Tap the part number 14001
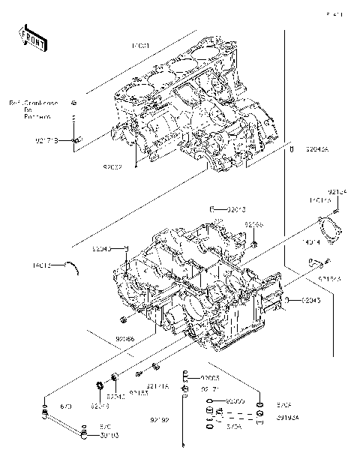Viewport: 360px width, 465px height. (x=141, y=46)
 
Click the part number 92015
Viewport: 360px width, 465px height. (x=237, y=208)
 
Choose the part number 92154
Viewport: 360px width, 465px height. (x=338, y=192)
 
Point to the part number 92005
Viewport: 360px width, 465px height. (x=210, y=378)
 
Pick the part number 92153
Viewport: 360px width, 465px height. (x=139, y=392)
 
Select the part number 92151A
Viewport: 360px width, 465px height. (x=157, y=385)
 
